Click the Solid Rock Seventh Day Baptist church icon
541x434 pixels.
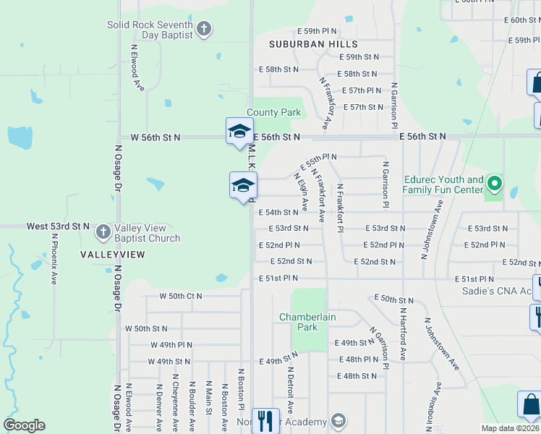click(x=204, y=30)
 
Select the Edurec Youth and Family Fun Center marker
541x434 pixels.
click(x=495, y=184)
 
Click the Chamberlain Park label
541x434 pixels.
click(x=299, y=322)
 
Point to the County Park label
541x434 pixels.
click(x=273, y=112)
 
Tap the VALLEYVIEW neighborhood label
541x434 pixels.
click(x=112, y=255)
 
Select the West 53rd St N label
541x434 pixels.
click(x=58, y=226)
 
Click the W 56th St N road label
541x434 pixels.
click(x=156, y=137)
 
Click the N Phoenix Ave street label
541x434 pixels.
click(x=54, y=258)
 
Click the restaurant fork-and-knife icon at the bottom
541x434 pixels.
click(x=265, y=420)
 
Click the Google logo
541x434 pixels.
click(x=24, y=425)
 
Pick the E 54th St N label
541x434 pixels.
click(x=278, y=213)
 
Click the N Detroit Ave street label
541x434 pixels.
click(x=289, y=391)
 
